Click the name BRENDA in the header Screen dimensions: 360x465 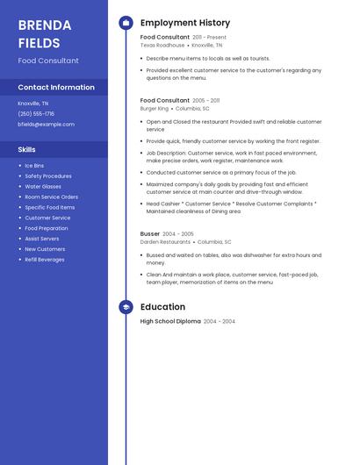click(x=39, y=25)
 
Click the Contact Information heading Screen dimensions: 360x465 click(x=56, y=87)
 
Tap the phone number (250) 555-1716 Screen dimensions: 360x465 click(x=36, y=113)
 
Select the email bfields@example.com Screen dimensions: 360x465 click(x=46, y=124)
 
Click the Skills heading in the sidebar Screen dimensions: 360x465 click(x=26, y=149)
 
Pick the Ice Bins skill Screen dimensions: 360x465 click(x=34, y=166)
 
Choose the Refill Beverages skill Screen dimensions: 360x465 click(x=44, y=260)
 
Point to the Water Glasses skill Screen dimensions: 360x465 click(x=43, y=187)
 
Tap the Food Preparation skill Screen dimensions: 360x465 click(x=47, y=228)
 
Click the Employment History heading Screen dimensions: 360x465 click(x=184, y=23)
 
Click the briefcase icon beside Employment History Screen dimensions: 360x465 click(x=126, y=23)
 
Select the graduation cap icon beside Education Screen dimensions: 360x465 click(x=126, y=307)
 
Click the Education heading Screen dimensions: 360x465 click(x=162, y=307)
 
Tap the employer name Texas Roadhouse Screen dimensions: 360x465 click(x=162, y=45)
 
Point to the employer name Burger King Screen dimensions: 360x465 click(x=154, y=109)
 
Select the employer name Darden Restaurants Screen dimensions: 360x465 click(x=165, y=241)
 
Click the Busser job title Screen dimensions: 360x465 click(x=150, y=234)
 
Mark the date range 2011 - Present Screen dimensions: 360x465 click(x=209, y=38)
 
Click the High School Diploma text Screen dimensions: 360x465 click(x=170, y=321)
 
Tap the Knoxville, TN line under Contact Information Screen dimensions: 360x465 click(x=33, y=104)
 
